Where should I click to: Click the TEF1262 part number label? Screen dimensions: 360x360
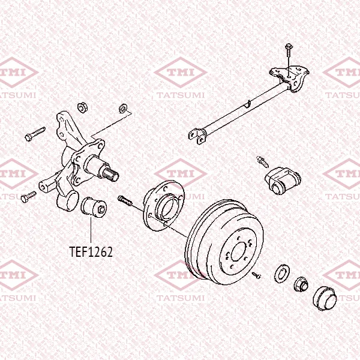(91, 252)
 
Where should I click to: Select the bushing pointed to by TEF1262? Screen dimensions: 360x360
(94, 207)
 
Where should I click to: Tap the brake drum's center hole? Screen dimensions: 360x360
(239, 251)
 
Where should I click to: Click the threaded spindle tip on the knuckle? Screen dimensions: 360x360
(111, 175)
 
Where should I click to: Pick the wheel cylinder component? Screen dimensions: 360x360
(283, 181)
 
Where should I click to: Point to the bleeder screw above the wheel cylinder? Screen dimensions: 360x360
(262, 161)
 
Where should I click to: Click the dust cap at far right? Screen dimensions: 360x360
(325, 298)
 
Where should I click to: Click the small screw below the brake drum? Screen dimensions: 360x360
(256, 275)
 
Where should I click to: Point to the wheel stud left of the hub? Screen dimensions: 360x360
(125, 201)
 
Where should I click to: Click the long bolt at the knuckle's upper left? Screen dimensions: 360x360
(35, 134)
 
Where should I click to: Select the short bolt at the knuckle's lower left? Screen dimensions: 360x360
(28, 197)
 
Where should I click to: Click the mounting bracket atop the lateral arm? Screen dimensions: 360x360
(290, 78)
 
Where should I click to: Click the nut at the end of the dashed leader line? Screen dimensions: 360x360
(123, 108)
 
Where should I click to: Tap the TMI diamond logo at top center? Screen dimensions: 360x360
(181, 73)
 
